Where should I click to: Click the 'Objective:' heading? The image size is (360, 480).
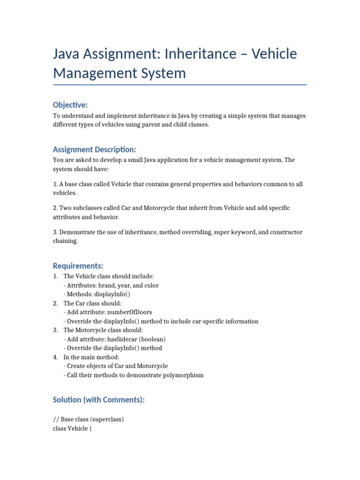coord(70,105)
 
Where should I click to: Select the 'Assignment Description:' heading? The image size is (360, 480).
coord(94,150)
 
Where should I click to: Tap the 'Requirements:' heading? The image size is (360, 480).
coord(78,266)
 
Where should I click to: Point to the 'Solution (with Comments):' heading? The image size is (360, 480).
coord(98,399)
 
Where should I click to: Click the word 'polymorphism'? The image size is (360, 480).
coord(181,375)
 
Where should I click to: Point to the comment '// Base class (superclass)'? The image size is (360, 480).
coord(88,420)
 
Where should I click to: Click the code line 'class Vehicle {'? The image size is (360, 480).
coord(72,428)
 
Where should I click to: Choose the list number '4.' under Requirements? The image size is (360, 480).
coord(56,357)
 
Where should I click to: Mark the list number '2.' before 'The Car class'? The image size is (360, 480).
coord(56,303)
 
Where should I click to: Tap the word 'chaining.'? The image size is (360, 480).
coord(66,241)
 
